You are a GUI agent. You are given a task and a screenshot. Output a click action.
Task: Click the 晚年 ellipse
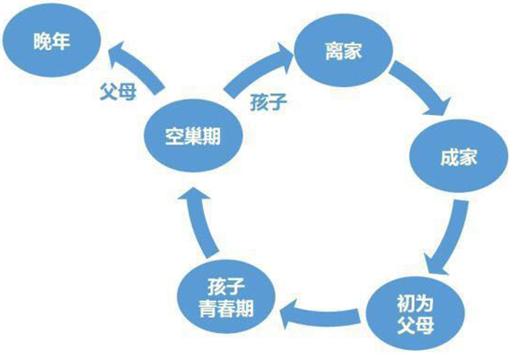tap(51, 40)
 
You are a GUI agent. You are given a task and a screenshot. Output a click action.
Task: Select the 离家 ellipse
tap(344, 50)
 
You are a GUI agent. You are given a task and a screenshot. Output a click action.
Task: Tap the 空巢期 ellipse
tap(193, 136)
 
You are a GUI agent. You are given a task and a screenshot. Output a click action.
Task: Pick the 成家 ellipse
tap(459, 156)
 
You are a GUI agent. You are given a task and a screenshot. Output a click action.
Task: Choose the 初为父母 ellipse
tap(416, 313)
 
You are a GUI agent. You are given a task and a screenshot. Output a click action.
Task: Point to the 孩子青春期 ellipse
tap(226, 296)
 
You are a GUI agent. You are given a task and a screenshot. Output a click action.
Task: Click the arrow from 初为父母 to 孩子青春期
tap(321, 315)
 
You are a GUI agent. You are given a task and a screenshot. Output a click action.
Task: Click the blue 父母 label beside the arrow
tap(118, 91)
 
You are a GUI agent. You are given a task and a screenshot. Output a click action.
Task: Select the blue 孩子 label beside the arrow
tap(268, 101)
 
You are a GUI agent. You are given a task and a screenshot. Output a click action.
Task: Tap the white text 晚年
tap(51, 41)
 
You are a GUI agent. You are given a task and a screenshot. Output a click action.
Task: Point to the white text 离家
tap(344, 51)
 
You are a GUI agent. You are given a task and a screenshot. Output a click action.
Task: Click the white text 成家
tap(459, 157)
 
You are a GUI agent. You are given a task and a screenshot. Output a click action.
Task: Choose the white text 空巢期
tap(193, 136)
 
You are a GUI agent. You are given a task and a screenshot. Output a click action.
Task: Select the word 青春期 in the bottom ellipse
tap(226, 308)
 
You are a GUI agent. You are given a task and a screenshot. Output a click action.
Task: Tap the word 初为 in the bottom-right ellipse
tap(415, 303)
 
